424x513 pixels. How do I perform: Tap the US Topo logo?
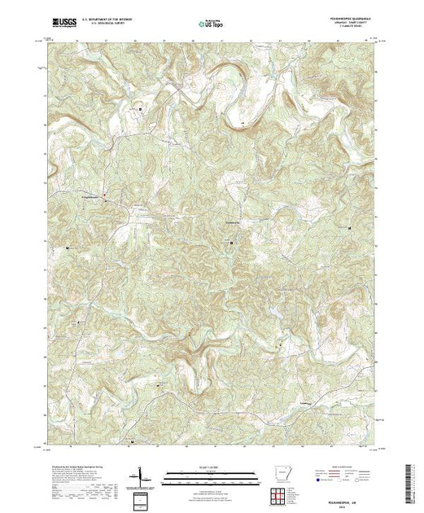point(212,24)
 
